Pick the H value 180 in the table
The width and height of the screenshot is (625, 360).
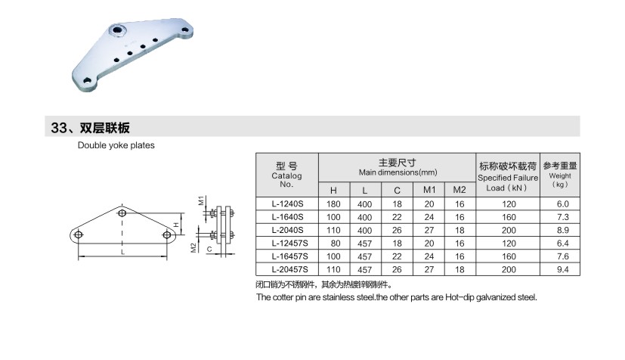point(333,204)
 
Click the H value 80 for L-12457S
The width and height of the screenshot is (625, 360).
point(333,243)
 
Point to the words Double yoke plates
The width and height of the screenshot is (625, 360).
point(116,145)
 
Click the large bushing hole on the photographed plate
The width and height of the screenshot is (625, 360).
point(117,31)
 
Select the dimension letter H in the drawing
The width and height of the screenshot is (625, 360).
point(175,225)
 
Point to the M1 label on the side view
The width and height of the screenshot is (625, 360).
point(201,201)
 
